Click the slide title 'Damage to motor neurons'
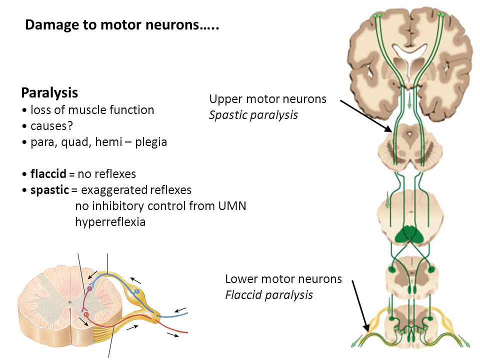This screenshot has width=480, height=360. pyautogui.click(x=122, y=25)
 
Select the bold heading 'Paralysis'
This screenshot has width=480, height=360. pyautogui.click(x=49, y=92)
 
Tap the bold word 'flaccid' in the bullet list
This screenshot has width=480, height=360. pyautogui.click(x=48, y=174)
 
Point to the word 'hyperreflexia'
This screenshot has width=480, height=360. pyautogui.click(x=110, y=222)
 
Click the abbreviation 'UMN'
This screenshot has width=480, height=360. pyautogui.click(x=232, y=206)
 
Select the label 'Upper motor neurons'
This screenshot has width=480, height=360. pyautogui.click(x=267, y=99)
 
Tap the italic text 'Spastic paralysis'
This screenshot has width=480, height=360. pyautogui.click(x=253, y=115)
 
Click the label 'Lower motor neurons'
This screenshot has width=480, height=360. pyautogui.click(x=283, y=279)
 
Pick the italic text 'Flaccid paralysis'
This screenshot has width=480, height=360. pyautogui.click(x=269, y=295)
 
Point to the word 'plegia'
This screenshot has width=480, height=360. pyautogui.click(x=149, y=142)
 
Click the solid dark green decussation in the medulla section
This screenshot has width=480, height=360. pyautogui.click(x=408, y=234)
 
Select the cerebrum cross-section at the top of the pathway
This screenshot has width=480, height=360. pyautogui.click(x=409, y=55)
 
